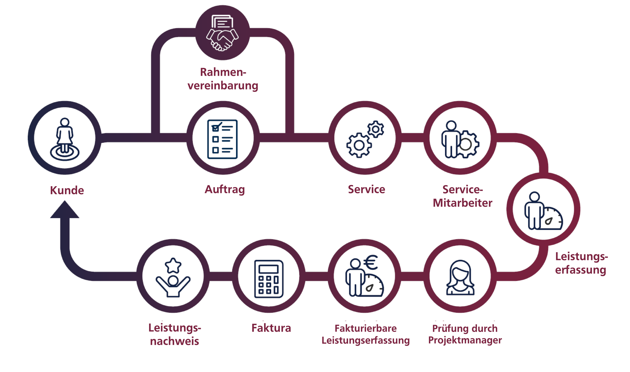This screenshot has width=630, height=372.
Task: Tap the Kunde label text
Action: (x=67, y=190)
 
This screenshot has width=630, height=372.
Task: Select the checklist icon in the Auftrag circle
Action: (x=222, y=139)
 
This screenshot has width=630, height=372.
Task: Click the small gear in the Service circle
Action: (x=376, y=129)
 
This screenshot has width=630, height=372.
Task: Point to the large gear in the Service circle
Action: (x=359, y=145)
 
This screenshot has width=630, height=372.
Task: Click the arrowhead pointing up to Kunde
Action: (x=65, y=210)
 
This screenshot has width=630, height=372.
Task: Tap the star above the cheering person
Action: (x=173, y=266)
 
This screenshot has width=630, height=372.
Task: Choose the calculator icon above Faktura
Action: (x=269, y=279)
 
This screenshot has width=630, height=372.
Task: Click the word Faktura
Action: (x=271, y=328)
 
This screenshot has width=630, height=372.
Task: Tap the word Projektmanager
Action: (x=465, y=340)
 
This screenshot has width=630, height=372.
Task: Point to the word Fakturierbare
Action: (x=365, y=328)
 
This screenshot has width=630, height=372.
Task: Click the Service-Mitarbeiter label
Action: (x=462, y=196)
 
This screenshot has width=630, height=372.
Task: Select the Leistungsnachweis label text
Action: (x=175, y=334)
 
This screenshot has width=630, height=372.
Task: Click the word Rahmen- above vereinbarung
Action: (x=223, y=72)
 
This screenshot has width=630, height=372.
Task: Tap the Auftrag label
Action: (x=224, y=189)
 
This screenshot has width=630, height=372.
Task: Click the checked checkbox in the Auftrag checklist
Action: (x=216, y=128)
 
